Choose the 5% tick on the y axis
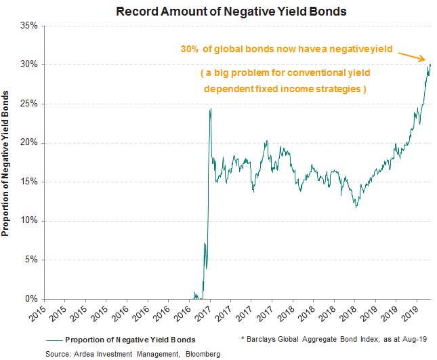33,260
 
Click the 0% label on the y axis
33,299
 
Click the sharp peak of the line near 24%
211,108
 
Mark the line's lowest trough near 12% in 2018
356,207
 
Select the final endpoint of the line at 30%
430,65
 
